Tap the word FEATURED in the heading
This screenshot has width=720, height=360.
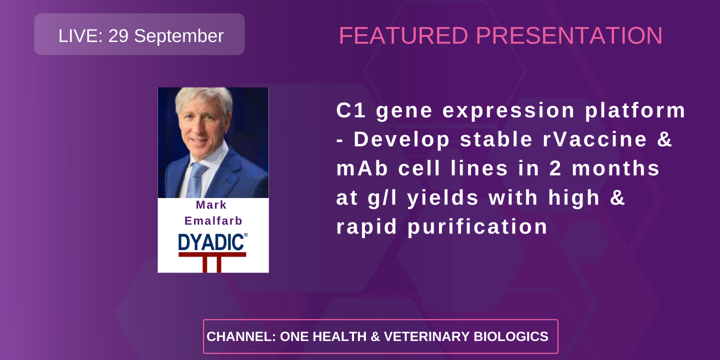click(403, 36)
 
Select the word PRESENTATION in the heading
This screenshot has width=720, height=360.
click(569, 36)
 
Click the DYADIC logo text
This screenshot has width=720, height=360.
click(211, 242)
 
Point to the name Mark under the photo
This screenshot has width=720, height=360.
click(211, 205)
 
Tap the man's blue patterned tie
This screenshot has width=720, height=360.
click(195, 179)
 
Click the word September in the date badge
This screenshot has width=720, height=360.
click(179, 36)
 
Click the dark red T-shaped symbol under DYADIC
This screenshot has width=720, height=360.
click(212, 261)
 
